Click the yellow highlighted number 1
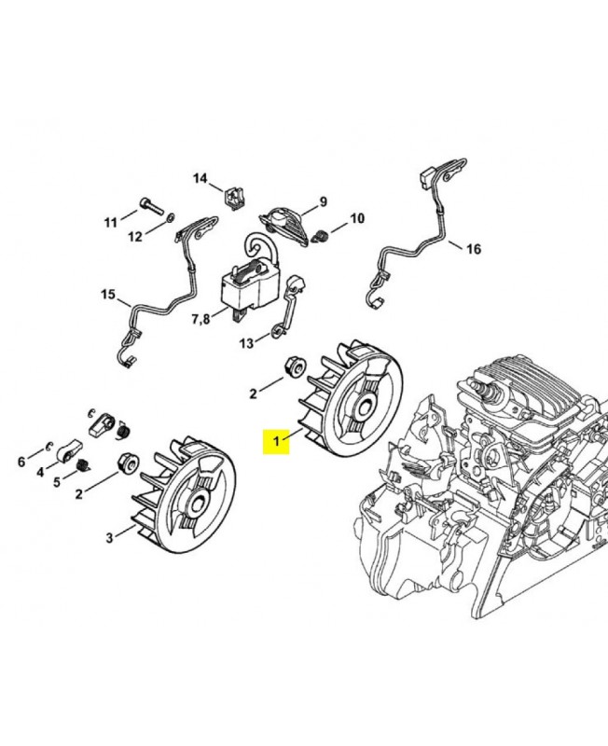tap(276, 441)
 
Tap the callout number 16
tap(473, 249)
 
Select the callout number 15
tap(108, 295)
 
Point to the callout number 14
tap(200, 178)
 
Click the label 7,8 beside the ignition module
tap(200, 319)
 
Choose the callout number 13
tap(246, 343)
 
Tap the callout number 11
tap(110, 222)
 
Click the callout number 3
tap(109, 538)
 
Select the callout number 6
tap(21, 462)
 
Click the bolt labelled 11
tap(151, 206)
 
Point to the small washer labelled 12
tap(171, 218)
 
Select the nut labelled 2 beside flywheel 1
tap(295, 367)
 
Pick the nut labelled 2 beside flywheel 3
tap(128, 462)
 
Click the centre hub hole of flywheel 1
tap(366, 408)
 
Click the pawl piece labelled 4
tap(70, 450)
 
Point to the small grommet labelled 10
tap(322, 236)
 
